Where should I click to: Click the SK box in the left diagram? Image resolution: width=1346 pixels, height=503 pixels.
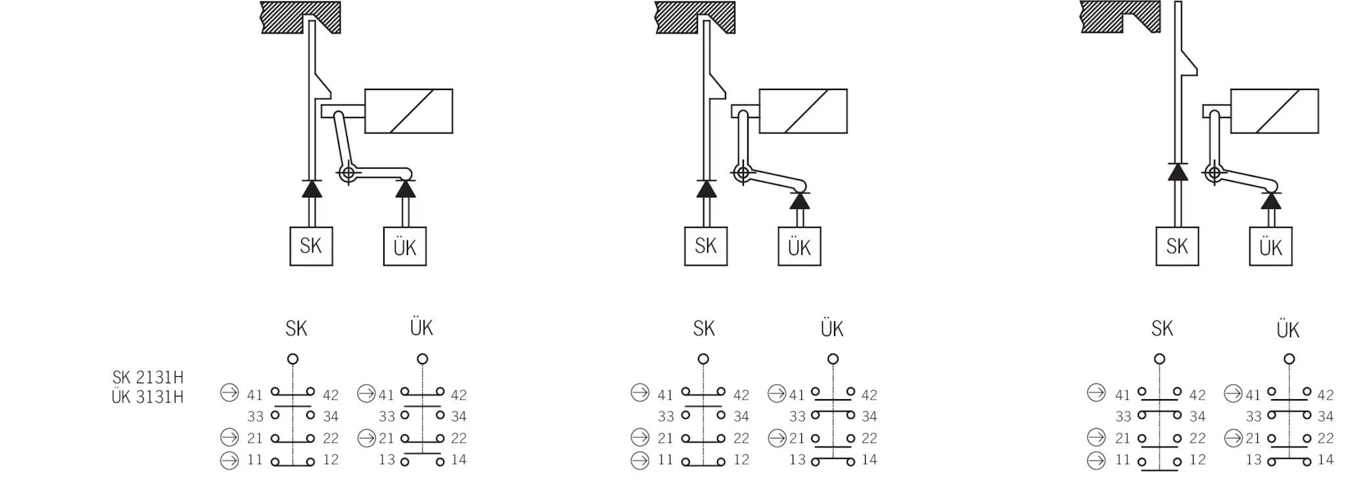(311, 246)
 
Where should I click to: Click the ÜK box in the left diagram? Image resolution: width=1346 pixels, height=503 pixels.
(405, 247)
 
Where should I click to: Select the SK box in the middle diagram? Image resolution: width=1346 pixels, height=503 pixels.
(705, 246)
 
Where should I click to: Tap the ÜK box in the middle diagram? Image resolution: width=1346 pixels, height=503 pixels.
(799, 247)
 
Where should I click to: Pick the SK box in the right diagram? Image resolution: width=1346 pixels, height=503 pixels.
(1177, 246)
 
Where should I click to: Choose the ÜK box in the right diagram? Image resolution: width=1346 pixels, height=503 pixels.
(1270, 247)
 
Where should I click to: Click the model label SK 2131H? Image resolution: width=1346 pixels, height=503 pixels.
(148, 377)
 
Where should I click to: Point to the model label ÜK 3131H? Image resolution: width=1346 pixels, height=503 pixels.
(148, 397)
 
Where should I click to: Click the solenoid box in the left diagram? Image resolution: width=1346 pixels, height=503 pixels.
(408, 111)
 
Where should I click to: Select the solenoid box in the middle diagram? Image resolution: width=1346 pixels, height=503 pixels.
(802, 111)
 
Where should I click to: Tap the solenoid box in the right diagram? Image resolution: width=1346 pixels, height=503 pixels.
(1274, 111)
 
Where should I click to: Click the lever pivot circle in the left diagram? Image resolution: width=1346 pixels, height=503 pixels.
(348, 174)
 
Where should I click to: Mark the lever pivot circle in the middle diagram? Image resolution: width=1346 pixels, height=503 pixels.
(743, 174)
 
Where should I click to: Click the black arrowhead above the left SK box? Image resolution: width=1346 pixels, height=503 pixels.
(312, 189)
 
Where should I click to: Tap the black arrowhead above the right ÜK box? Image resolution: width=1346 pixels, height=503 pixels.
(1270, 200)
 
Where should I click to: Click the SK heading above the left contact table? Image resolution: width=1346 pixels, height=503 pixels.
(296, 329)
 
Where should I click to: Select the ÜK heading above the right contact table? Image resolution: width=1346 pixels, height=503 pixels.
(1288, 329)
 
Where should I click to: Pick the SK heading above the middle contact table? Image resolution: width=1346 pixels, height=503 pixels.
(704, 329)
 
